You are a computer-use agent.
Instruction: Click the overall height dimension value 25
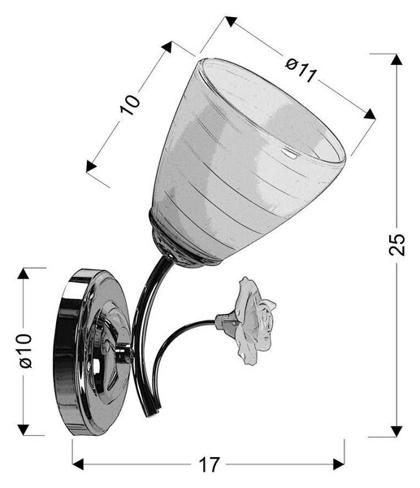(x=397, y=244)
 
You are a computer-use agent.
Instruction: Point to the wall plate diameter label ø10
(x=25, y=351)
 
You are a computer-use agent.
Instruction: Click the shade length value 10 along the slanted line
(x=130, y=105)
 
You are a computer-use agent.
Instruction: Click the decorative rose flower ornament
(x=249, y=320)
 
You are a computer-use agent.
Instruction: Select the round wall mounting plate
(x=92, y=351)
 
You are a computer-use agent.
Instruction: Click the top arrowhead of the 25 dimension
(x=396, y=59)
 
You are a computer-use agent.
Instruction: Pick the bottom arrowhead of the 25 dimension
(x=396, y=431)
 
